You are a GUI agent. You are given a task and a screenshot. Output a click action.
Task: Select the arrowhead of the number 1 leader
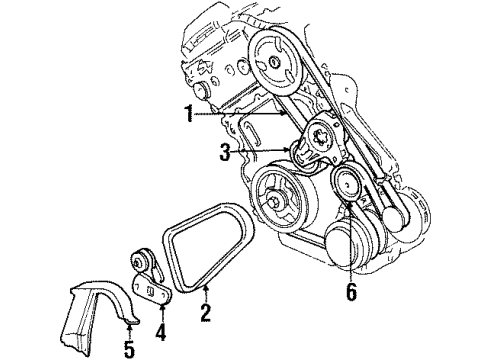coord(292,117)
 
